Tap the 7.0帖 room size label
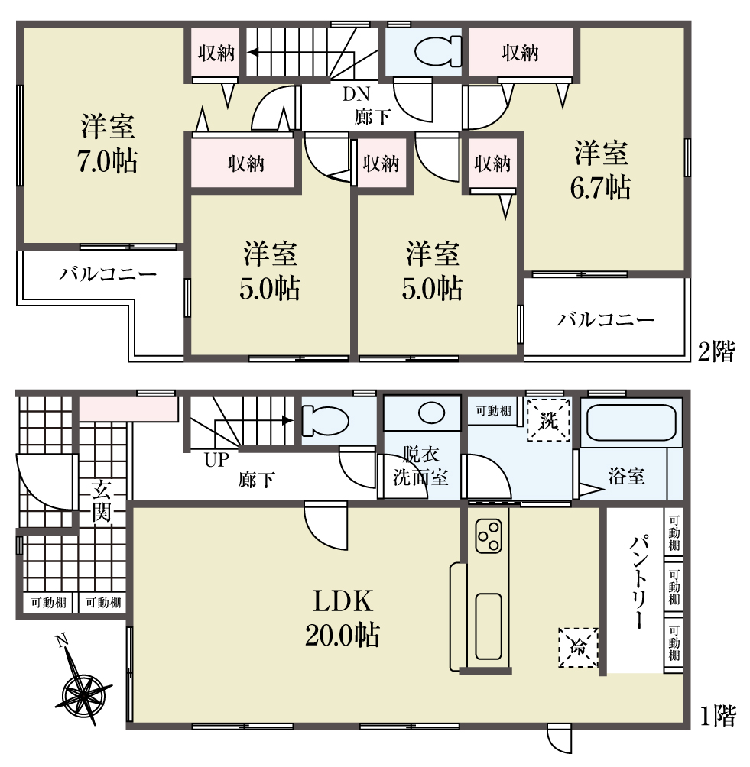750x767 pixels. [x=108, y=161]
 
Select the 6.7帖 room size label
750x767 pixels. [x=601, y=187]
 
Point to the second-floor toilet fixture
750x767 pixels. [x=438, y=52]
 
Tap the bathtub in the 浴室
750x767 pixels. [x=631, y=422]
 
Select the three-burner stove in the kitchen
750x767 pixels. [x=489, y=536]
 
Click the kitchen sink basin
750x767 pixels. [x=488, y=626]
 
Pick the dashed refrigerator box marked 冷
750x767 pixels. [x=578, y=648]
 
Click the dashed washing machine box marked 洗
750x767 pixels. [x=549, y=420]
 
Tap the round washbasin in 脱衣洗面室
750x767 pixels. [x=431, y=413]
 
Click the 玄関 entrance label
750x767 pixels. [x=102, y=501]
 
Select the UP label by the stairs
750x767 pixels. [x=217, y=460]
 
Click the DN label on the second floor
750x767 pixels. [x=356, y=94]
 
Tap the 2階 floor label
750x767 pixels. [x=716, y=351]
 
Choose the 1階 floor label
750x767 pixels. [x=718, y=717]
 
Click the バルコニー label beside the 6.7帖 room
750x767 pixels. [x=605, y=320]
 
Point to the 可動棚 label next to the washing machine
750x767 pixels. [x=493, y=411]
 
